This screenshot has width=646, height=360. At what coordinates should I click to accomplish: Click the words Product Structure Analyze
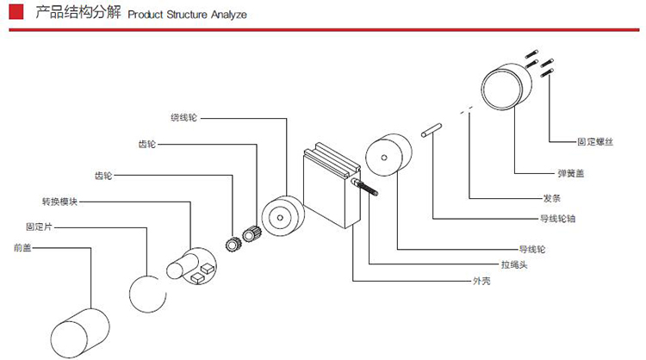point(187,16)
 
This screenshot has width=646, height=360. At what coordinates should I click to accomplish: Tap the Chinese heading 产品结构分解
point(75,15)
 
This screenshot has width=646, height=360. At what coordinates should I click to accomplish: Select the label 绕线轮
point(183,117)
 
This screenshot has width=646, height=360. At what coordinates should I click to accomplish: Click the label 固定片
point(41,227)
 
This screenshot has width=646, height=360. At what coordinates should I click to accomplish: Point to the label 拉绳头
point(514,264)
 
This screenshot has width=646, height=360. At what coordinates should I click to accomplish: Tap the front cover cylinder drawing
point(80,331)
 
